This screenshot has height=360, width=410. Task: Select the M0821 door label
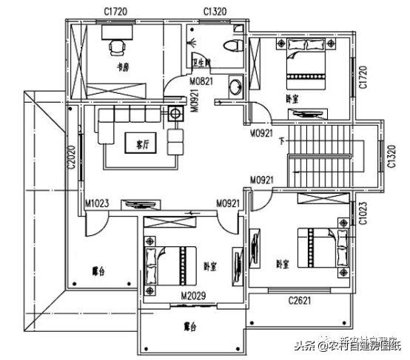click(201, 80)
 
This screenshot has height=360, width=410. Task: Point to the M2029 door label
click(193, 296)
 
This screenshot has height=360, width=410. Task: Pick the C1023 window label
click(363, 213)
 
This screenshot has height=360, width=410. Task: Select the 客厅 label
click(135, 140)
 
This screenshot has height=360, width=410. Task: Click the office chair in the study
click(117, 47)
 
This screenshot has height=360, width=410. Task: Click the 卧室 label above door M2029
click(209, 267)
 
